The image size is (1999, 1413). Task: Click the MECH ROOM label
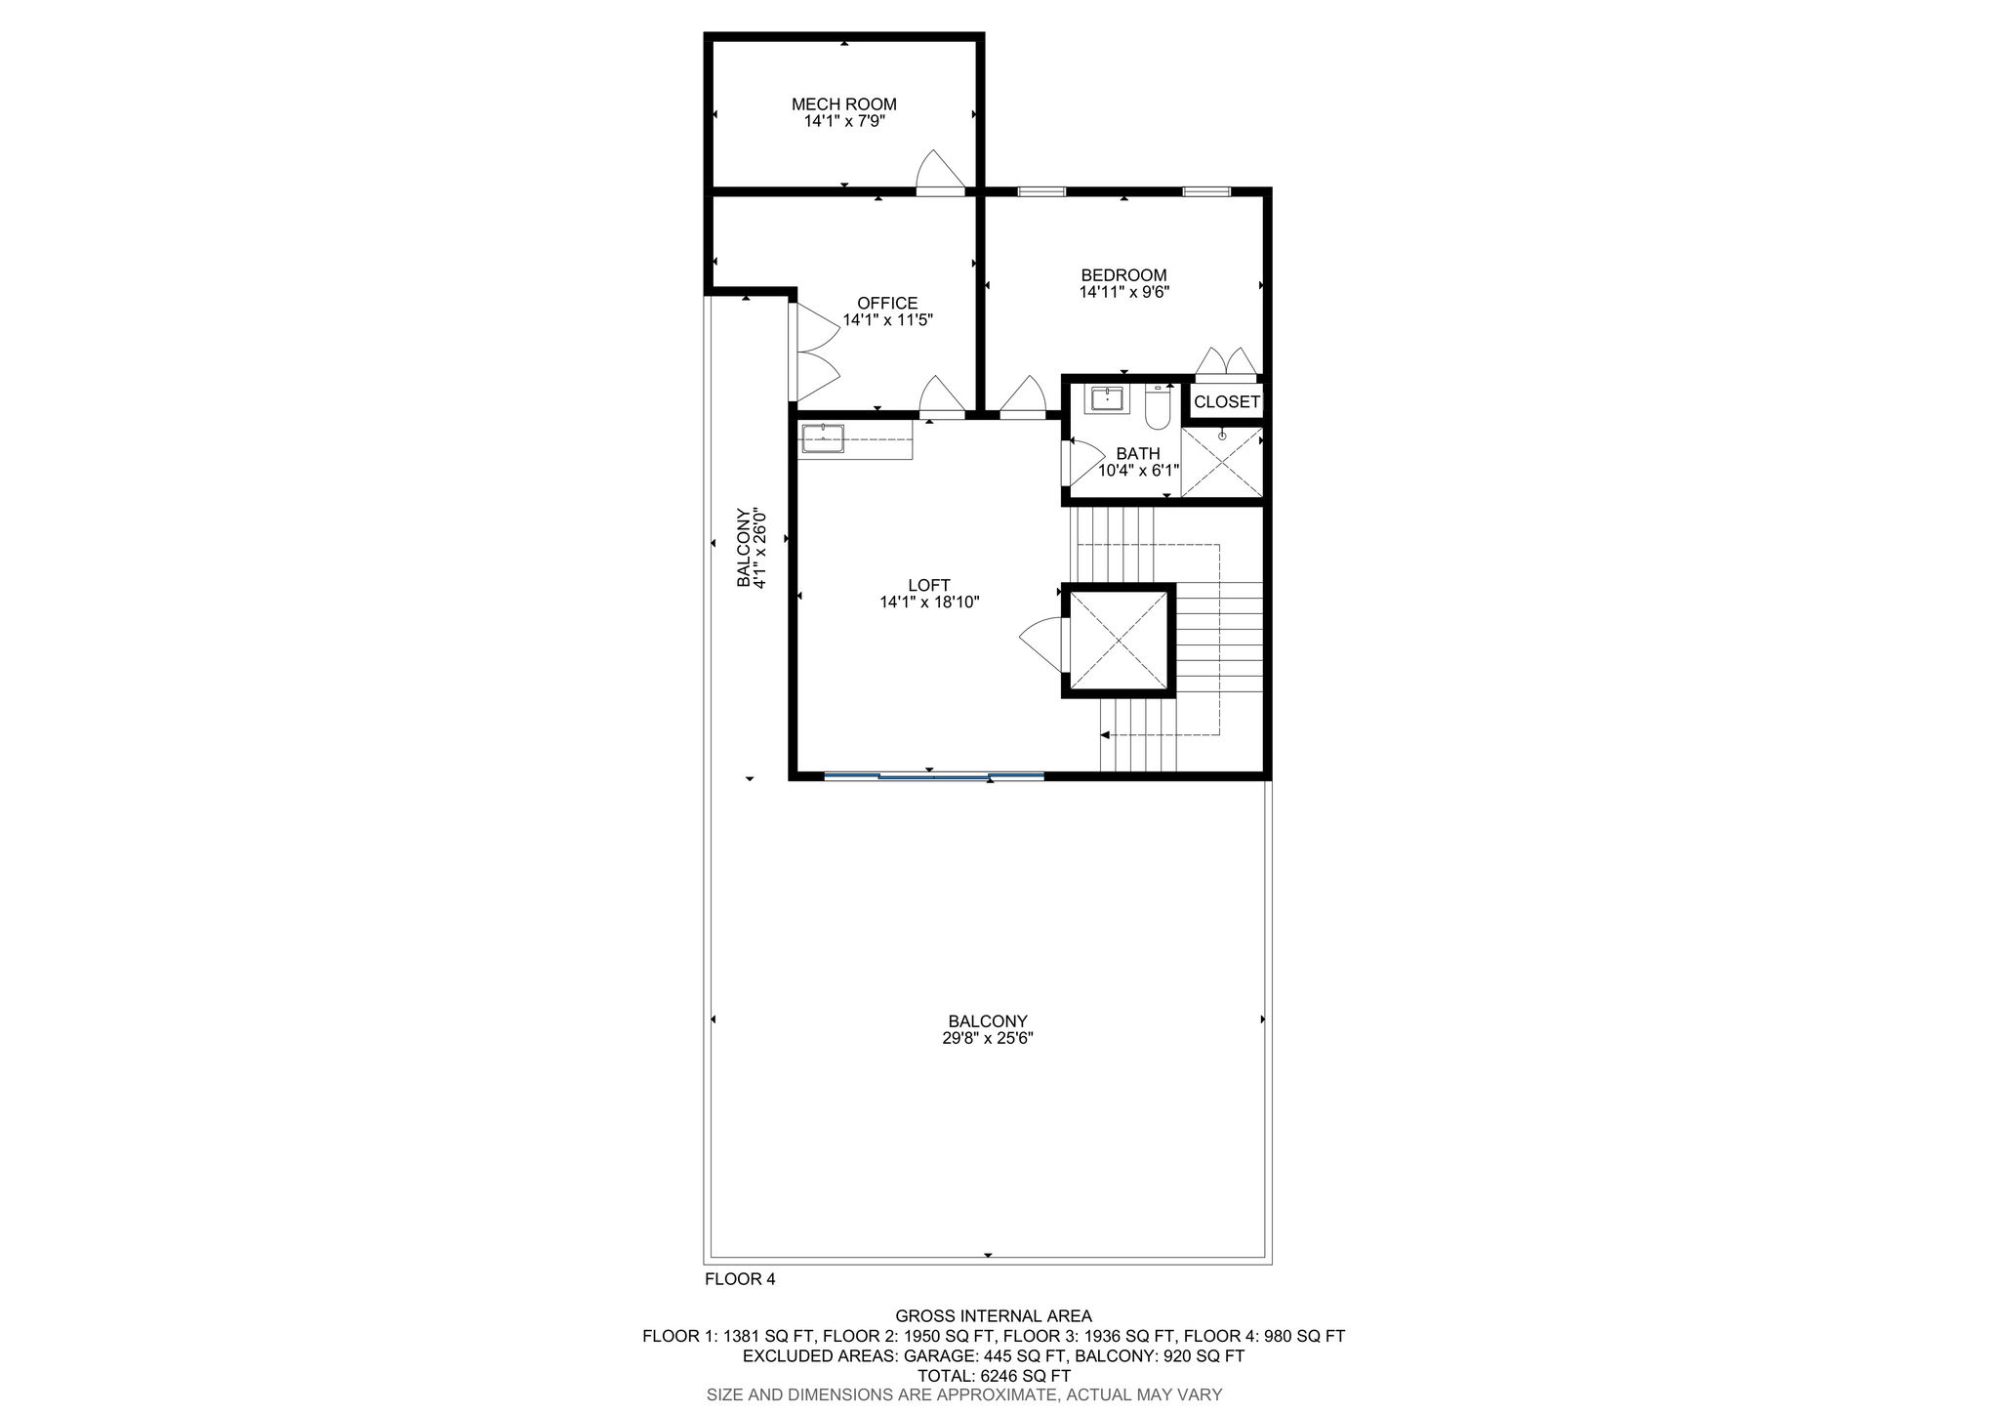[843, 104]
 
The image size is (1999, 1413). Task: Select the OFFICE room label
[887, 304]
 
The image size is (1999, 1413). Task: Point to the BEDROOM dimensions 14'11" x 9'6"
[1123, 292]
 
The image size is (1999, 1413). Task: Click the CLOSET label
[1227, 402]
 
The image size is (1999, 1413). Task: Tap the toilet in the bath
[1158, 408]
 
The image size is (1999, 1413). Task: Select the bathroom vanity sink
[1107, 400]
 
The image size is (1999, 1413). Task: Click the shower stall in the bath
[1221, 462]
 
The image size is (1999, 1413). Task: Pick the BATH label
[1138, 454]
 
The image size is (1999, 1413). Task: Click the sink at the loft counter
[823, 438]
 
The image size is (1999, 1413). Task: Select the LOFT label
[928, 586]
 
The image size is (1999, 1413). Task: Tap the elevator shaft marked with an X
[1119, 641]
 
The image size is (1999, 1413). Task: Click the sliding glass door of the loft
[934, 776]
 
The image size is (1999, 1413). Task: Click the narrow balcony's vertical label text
[752, 548]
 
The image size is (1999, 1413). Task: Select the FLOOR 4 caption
[740, 1279]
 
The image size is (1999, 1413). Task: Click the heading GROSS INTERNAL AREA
[994, 1316]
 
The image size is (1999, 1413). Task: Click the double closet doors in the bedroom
[1227, 362]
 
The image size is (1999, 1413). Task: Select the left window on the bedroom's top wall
[1041, 191]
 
